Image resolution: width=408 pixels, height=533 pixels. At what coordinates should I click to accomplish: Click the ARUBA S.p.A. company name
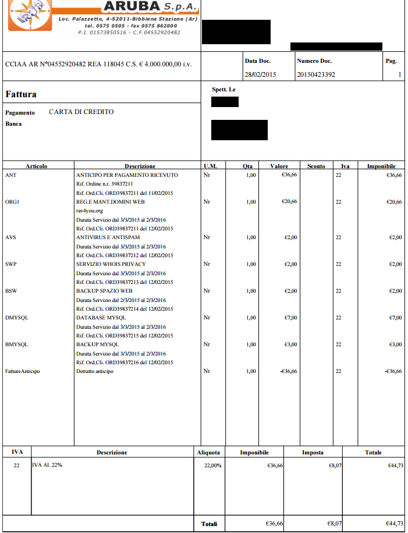tap(150, 7)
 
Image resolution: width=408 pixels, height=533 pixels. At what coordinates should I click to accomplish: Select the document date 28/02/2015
tap(260, 74)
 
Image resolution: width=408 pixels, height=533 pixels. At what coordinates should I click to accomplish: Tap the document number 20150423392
tap(316, 74)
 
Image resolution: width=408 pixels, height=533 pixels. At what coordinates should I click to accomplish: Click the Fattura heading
tap(21, 94)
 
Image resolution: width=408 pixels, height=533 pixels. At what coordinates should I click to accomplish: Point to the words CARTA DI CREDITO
tap(81, 112)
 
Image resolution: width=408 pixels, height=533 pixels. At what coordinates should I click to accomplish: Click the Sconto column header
tap(316, 166)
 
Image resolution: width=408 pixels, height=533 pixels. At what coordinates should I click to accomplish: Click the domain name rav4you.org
tap(90, 211)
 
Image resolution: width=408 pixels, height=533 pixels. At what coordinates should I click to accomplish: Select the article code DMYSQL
tap(16, 318)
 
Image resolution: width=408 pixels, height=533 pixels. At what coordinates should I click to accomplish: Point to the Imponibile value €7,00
tap(395, 318)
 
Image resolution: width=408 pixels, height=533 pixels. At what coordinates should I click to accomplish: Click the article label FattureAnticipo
tap(22, 371)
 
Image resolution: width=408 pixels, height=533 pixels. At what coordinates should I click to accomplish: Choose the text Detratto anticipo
tap(95, 371)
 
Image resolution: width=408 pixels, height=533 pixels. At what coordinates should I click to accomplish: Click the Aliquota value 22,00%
tap(212, 465)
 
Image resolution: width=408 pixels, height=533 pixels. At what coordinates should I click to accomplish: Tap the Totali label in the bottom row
tap(210, 524)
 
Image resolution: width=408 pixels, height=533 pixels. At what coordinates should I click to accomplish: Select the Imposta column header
tap(313, 452)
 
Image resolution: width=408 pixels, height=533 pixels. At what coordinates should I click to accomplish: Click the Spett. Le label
tap(224, 90)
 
